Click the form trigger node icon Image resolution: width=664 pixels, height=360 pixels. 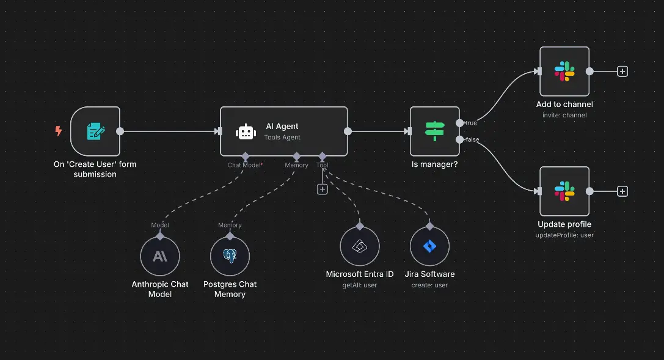(95, 131)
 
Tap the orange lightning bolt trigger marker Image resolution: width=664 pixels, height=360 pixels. (59, 131)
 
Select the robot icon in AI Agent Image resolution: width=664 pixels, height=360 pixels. (246, 131)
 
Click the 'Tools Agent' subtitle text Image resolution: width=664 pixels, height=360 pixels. (282, 138)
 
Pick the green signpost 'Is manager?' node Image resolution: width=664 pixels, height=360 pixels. (434, 131)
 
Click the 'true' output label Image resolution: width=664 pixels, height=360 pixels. (471, 123)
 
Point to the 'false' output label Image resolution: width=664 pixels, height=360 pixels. (472, 139)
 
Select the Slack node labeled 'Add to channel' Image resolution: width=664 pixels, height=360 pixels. (564, 72)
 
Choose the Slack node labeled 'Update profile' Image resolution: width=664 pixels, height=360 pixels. (564, 191)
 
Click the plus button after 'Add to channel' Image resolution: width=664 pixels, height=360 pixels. (622, 72)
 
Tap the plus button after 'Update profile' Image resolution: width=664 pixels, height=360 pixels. (622, 191)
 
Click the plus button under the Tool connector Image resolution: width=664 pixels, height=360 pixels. (323, 189)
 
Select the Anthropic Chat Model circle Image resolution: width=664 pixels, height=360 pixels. (160, 257)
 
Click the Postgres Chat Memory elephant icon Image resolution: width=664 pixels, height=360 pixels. (230, 257)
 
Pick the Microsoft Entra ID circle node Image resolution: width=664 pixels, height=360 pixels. (360, 246)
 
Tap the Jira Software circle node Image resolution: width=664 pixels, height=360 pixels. (429, 246)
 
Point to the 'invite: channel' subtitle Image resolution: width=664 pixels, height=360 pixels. (564, 115)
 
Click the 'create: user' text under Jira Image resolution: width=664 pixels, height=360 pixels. (429, 285)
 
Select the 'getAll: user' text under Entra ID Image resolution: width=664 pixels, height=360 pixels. (360, 285)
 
